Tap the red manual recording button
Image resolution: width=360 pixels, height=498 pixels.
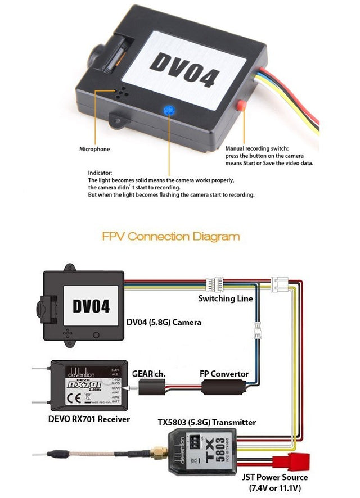pos(242,105)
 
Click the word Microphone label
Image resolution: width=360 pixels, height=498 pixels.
pos(94,150)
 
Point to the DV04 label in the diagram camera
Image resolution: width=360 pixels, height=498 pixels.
pos(91,306)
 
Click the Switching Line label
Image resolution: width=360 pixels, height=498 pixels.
pos(225,298)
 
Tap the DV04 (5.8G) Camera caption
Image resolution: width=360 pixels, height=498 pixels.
pos(164,323)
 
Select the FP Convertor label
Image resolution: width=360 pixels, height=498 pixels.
pos(224,373)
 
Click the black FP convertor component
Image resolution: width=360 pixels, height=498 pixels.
pos(222,387)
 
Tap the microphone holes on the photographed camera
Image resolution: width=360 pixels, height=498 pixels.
pos(120,93)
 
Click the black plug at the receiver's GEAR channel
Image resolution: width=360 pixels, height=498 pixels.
pos(148,387)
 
